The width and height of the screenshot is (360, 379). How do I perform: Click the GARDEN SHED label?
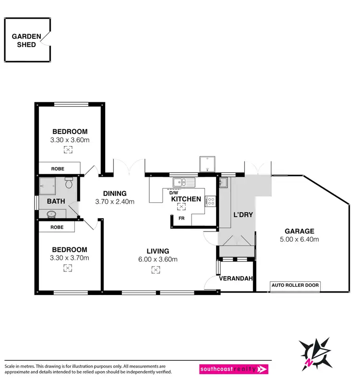[23, 40]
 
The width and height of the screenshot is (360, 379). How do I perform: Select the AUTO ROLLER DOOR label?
[295, 285]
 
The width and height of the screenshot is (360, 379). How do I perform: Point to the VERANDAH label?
[236, 278]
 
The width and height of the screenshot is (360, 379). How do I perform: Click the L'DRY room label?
[242, 214]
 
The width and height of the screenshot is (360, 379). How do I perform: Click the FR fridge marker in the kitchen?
[181, 218]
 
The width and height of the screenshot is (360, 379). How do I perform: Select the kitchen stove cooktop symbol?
[210, 201]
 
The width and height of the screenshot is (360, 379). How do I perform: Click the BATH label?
[55, 201]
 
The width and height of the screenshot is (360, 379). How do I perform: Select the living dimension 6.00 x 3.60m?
[158, 259]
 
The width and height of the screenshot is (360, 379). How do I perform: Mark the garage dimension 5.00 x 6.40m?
[300, 239]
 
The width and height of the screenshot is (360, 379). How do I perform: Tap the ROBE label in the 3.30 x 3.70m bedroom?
[57, 227]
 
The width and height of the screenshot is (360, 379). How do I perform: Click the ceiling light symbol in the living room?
[155, 270]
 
